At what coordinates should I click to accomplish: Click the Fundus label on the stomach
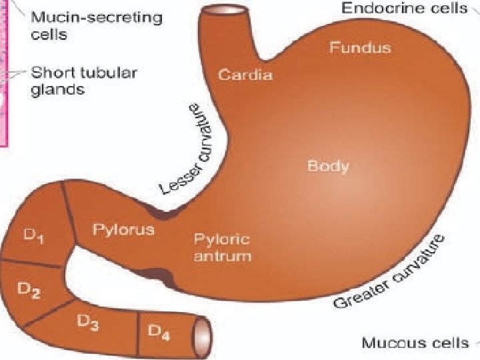click(x=360, y=48)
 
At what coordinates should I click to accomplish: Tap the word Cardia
click(x=245, y=75)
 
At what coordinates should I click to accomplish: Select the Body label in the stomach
click(x=327, y=165)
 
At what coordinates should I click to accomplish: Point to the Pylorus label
click(x=123, y=230)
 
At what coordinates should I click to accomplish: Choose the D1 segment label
click(x=34, y=238)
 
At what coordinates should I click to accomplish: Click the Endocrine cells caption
click(x=405, y=8)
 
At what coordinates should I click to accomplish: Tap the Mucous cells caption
click(x=415, y=343)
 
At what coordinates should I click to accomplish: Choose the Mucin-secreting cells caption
click(x=96, y=25)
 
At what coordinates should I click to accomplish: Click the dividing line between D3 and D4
click(x=138, y=333)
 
